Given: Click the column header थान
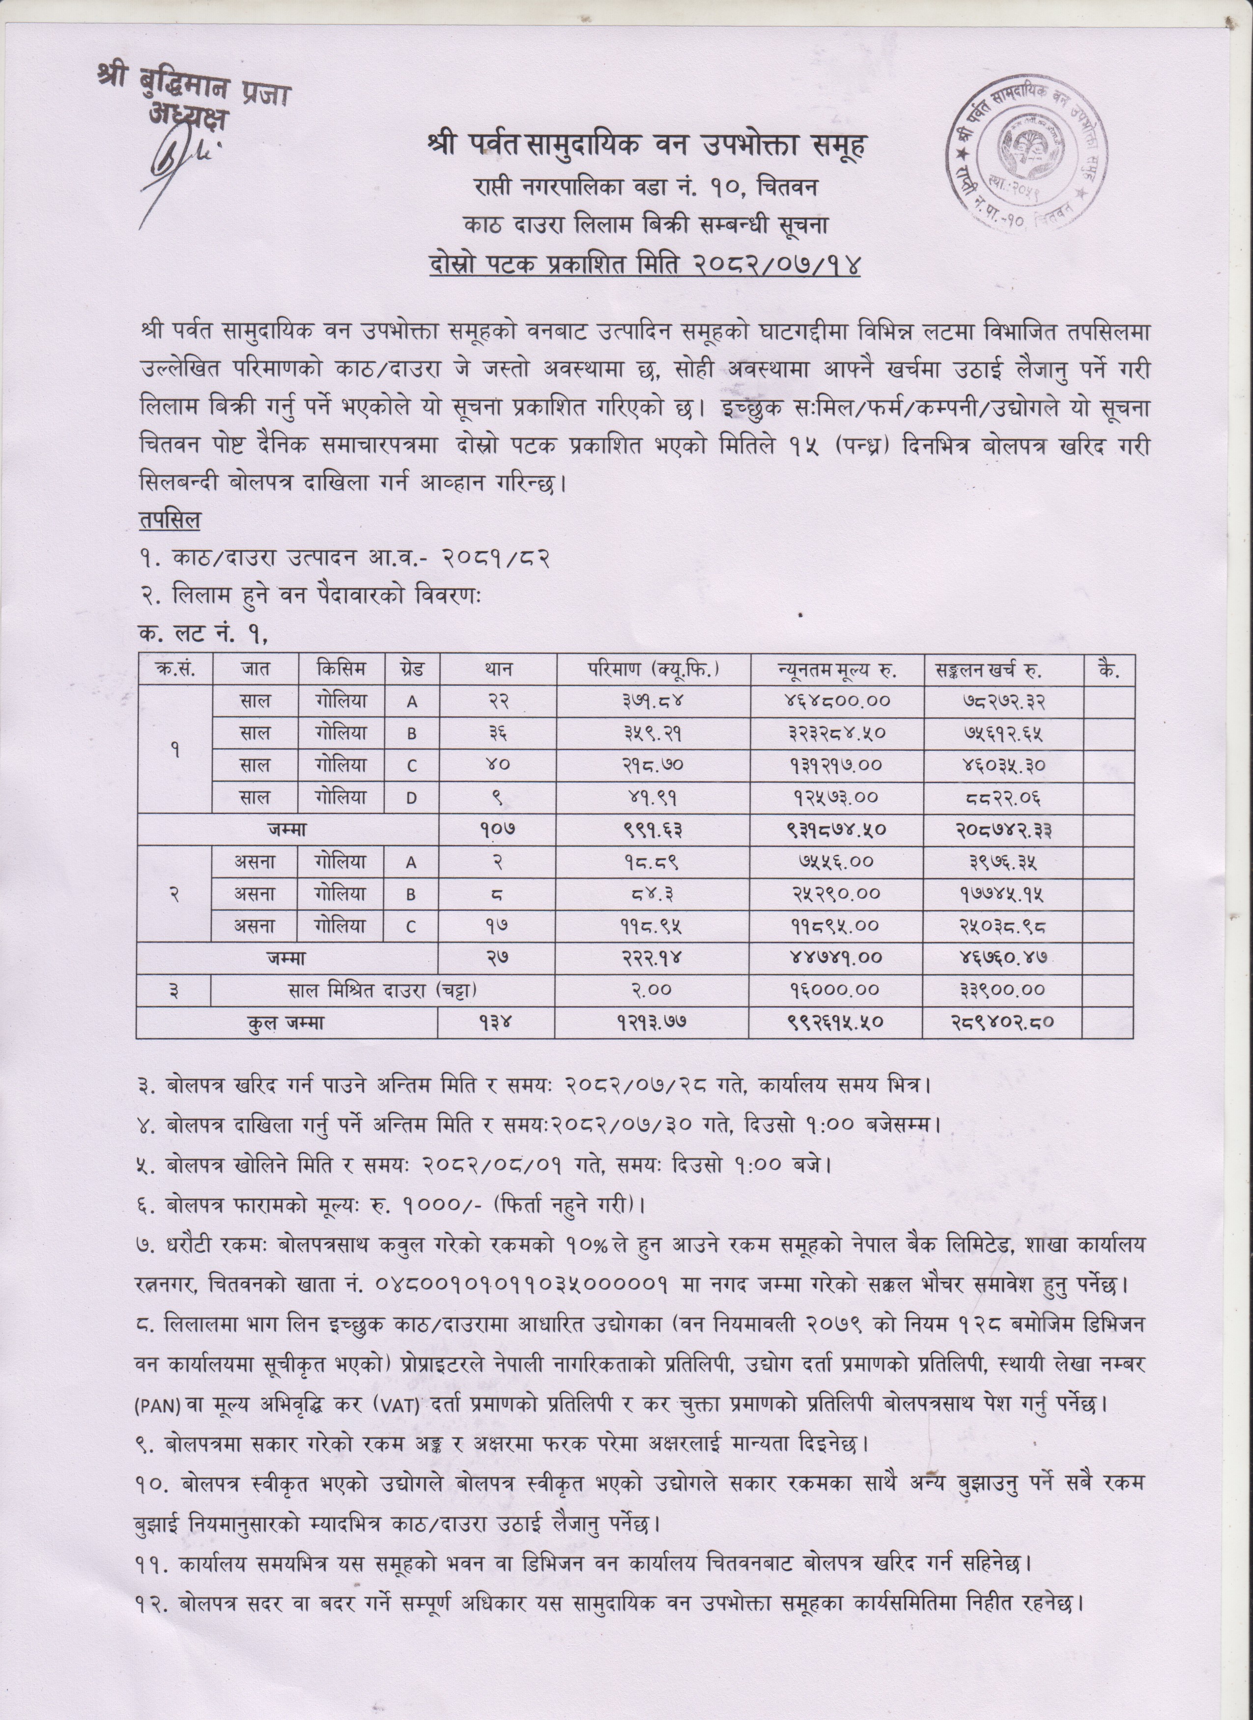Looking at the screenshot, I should click(498, 669).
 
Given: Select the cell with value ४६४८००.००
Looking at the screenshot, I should click(836, 702).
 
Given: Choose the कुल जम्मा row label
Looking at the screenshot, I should click(286, 1023).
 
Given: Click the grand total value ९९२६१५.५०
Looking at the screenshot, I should click(836, 1023).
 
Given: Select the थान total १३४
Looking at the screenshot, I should click(498, 1023).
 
